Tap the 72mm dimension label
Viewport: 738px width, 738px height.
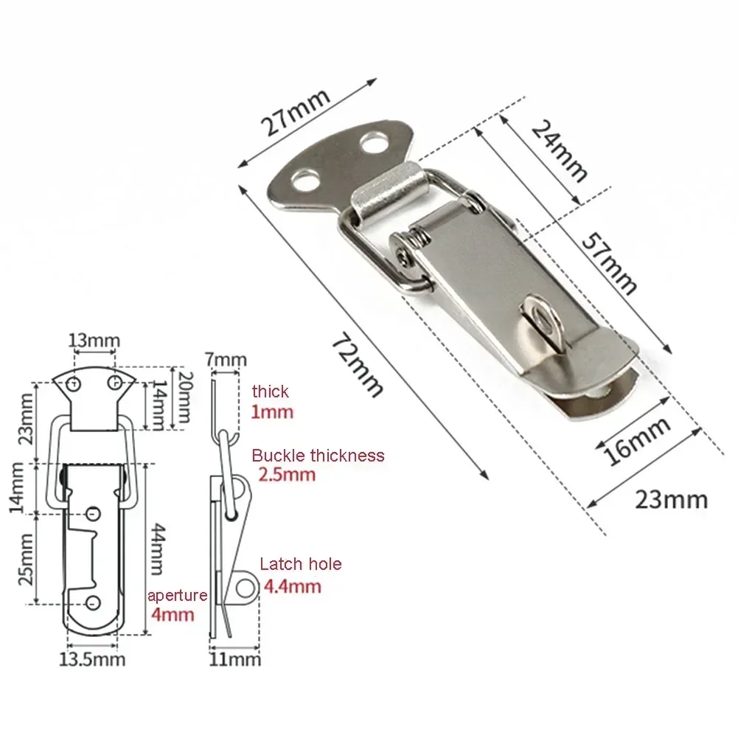click(358, 364)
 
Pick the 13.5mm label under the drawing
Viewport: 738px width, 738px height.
click(92, 658)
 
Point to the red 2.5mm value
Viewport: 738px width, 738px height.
click(286, 476)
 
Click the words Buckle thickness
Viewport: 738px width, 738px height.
click(318, 456)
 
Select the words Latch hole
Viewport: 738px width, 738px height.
click(300, 565)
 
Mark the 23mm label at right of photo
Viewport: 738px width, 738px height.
click(671, 500)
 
